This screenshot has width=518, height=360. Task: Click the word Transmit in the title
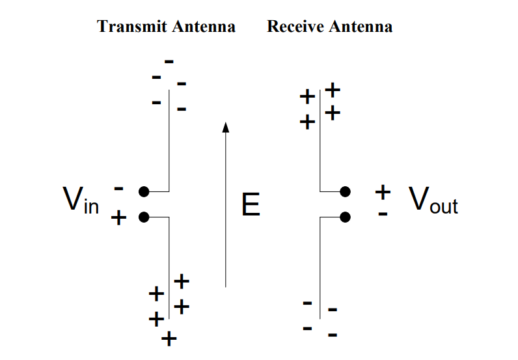(132, 27)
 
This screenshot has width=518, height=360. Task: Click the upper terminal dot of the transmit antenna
(144, 191)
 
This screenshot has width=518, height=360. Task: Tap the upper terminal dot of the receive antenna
(346, 191)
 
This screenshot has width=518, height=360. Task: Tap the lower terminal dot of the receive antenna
(346, 216)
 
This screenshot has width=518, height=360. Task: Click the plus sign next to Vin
(118, 217)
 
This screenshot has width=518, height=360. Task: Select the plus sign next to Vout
(383, 191)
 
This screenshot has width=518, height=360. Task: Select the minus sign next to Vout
(383, 214)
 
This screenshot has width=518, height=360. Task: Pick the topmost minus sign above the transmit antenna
(169, 61)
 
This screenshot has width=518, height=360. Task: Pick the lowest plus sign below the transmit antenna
(169, 339)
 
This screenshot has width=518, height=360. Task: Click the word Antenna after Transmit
(203, 27)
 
